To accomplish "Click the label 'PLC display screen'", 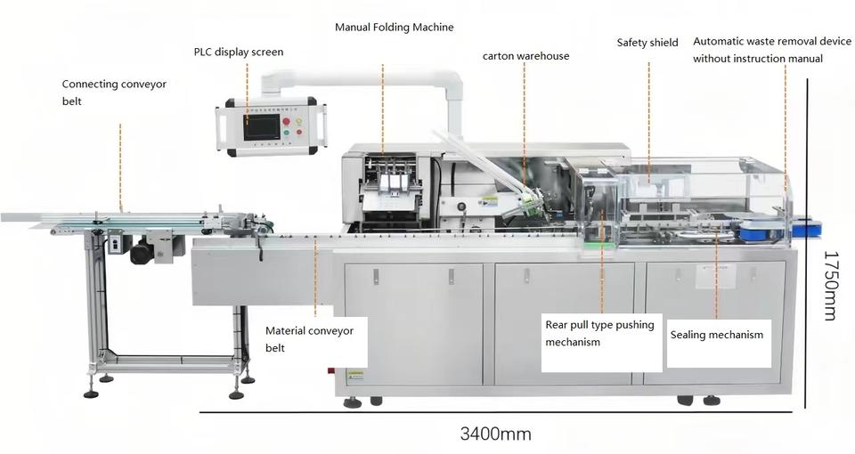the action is click(x=239, y=52).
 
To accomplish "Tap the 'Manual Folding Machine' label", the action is click(x=394, y=28).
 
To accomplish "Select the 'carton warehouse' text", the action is click(x=525, y=56).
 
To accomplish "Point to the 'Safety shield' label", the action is click(x=647, y=43).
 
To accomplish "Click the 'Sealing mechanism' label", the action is click(x=717, y=336).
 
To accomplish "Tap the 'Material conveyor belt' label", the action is click(x=309, y=339).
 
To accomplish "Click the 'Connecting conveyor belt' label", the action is click(x=114, y=93).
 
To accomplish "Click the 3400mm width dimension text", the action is click(x=495, y=434).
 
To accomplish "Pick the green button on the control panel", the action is click(x=286, y=132).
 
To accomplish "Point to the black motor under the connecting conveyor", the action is click(x=142, y=253).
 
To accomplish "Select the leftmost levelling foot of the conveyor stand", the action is click(x=91, y=393).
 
